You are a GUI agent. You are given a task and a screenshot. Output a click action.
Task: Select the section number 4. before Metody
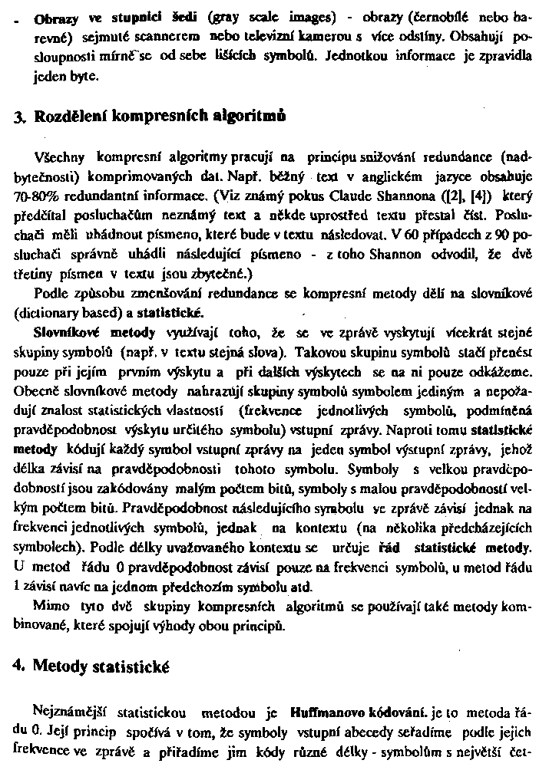click(19, 666)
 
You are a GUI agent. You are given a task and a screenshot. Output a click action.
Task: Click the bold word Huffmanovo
click(324, 711)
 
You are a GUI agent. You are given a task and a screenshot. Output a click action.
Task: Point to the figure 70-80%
click(37, 197)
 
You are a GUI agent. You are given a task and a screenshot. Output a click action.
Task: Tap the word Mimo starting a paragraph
click(51, 606)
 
